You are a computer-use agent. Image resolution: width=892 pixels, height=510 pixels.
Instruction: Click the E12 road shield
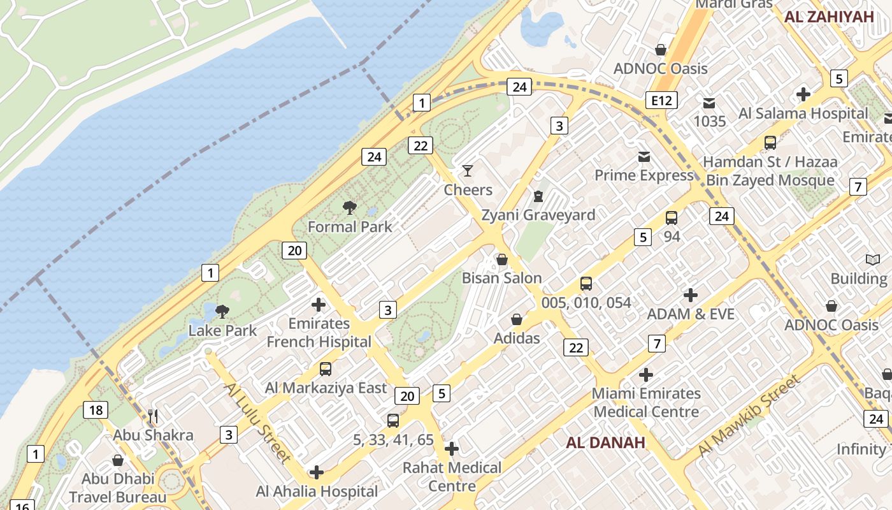[661, 100]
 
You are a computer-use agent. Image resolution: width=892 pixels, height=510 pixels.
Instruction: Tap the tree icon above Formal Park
[349, 207]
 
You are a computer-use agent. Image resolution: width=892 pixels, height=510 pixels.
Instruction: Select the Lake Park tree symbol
[222, 311]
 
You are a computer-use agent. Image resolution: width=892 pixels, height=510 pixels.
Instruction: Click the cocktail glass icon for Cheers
[468, 170]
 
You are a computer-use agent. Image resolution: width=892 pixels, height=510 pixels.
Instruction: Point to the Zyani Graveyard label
[538, 215]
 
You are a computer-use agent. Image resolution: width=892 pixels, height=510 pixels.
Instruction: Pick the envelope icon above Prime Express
[644, 156]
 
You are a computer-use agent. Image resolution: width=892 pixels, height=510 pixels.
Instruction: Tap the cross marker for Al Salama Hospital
[803, 94]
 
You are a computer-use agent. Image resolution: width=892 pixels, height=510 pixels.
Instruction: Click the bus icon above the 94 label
[672, 218]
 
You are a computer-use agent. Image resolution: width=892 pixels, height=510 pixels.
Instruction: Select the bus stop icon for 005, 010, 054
[586, 284]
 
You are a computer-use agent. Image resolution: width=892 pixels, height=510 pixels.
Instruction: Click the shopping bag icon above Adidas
[517, 319]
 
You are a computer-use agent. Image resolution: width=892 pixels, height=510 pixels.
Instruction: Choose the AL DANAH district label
[605, 442]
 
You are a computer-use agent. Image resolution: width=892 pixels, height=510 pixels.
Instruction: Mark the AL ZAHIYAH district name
[829, 17]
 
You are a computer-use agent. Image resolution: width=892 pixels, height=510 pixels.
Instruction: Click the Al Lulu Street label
[257, 422]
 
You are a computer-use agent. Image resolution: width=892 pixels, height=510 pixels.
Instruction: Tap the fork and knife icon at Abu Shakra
[153, 416]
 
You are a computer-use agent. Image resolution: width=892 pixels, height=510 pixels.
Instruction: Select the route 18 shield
[94, 410]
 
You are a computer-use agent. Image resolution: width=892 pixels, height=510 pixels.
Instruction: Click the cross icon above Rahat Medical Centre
[452, 449]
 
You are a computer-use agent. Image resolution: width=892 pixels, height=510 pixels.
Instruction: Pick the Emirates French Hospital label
[319, 333]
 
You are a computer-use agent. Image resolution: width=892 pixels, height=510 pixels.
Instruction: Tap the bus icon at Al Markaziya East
[326, 368]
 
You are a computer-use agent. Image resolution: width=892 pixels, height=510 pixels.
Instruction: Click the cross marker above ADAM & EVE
[691, 295]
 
